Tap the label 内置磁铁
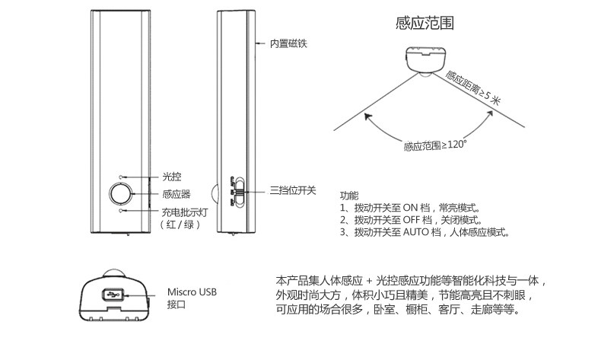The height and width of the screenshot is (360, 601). pos(288,43)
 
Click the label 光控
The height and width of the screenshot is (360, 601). pos(171,177)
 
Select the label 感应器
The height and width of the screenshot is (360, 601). pos(176,194)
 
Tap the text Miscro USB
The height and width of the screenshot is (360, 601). pos(192,292)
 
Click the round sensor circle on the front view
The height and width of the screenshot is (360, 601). pos(119,193)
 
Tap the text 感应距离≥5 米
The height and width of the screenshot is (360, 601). pos(473,88)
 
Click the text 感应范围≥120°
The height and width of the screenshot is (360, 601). pos(435,145)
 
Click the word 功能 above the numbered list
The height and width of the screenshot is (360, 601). pos(348,195)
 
